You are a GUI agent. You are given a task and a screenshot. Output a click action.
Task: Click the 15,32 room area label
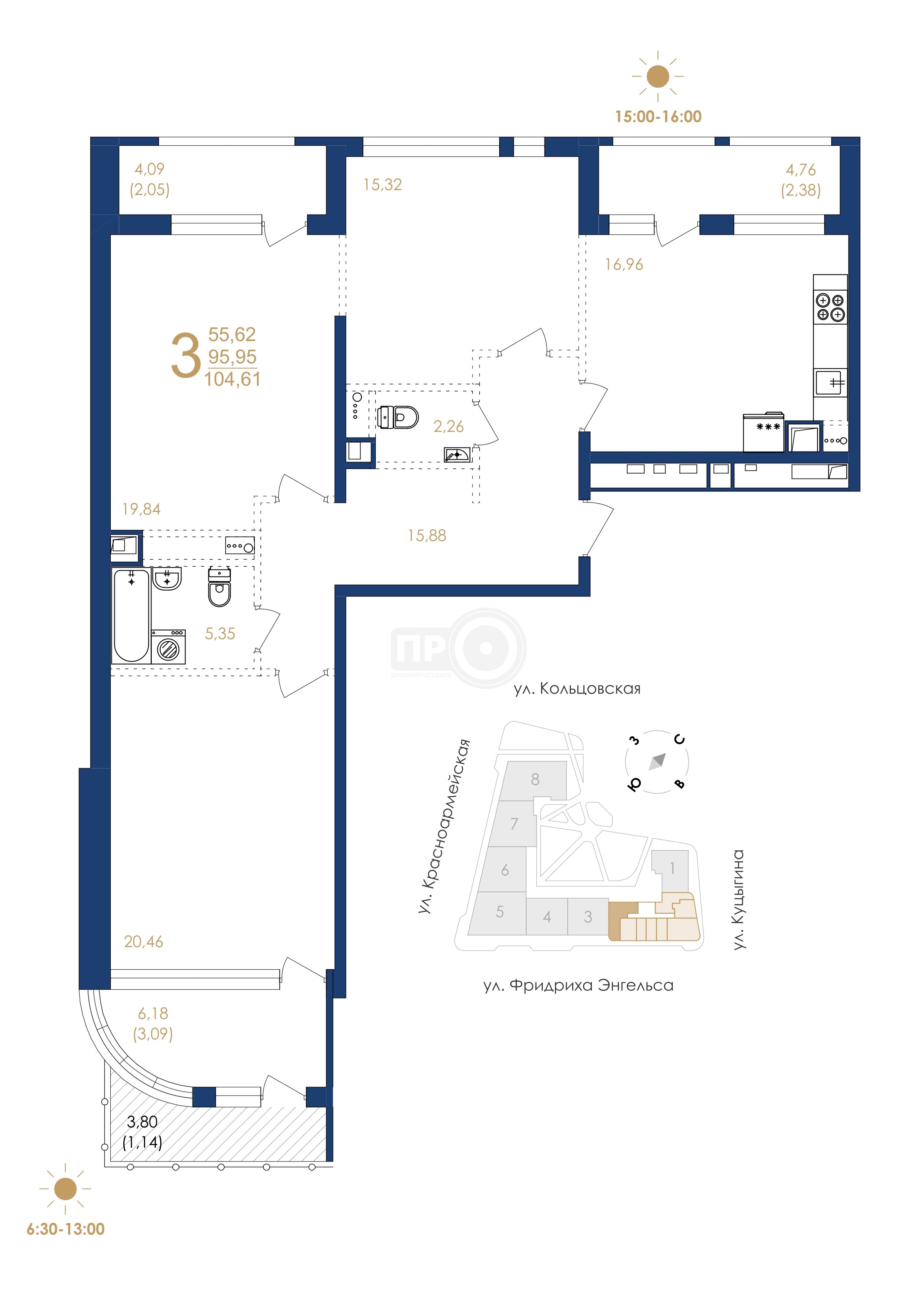(383, 185)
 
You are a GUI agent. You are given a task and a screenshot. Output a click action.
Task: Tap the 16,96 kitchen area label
(624, 264)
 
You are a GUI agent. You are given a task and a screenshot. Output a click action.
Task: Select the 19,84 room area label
(141, 510)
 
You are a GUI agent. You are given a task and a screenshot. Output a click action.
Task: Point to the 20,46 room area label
(144, 942)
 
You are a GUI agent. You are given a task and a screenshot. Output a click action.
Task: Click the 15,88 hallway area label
(427, 536)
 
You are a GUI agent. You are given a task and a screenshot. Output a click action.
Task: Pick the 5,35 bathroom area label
(220, 634)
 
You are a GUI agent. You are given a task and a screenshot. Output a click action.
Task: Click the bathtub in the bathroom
(131, 616)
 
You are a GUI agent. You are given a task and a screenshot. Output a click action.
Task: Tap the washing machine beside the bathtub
(168, 647)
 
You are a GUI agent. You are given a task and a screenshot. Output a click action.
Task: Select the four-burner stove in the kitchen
(830, 307)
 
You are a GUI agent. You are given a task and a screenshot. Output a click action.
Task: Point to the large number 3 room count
(186, 356)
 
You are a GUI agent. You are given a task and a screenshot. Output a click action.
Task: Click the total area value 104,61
(232, 379)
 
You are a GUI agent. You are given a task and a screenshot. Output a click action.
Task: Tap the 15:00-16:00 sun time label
(659, 117)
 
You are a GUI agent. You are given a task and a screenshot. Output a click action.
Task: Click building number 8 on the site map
(535, 780)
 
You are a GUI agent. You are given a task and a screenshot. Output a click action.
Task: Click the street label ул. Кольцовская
(577, 689)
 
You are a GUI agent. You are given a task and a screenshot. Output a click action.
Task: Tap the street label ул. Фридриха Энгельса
(578, 986)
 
